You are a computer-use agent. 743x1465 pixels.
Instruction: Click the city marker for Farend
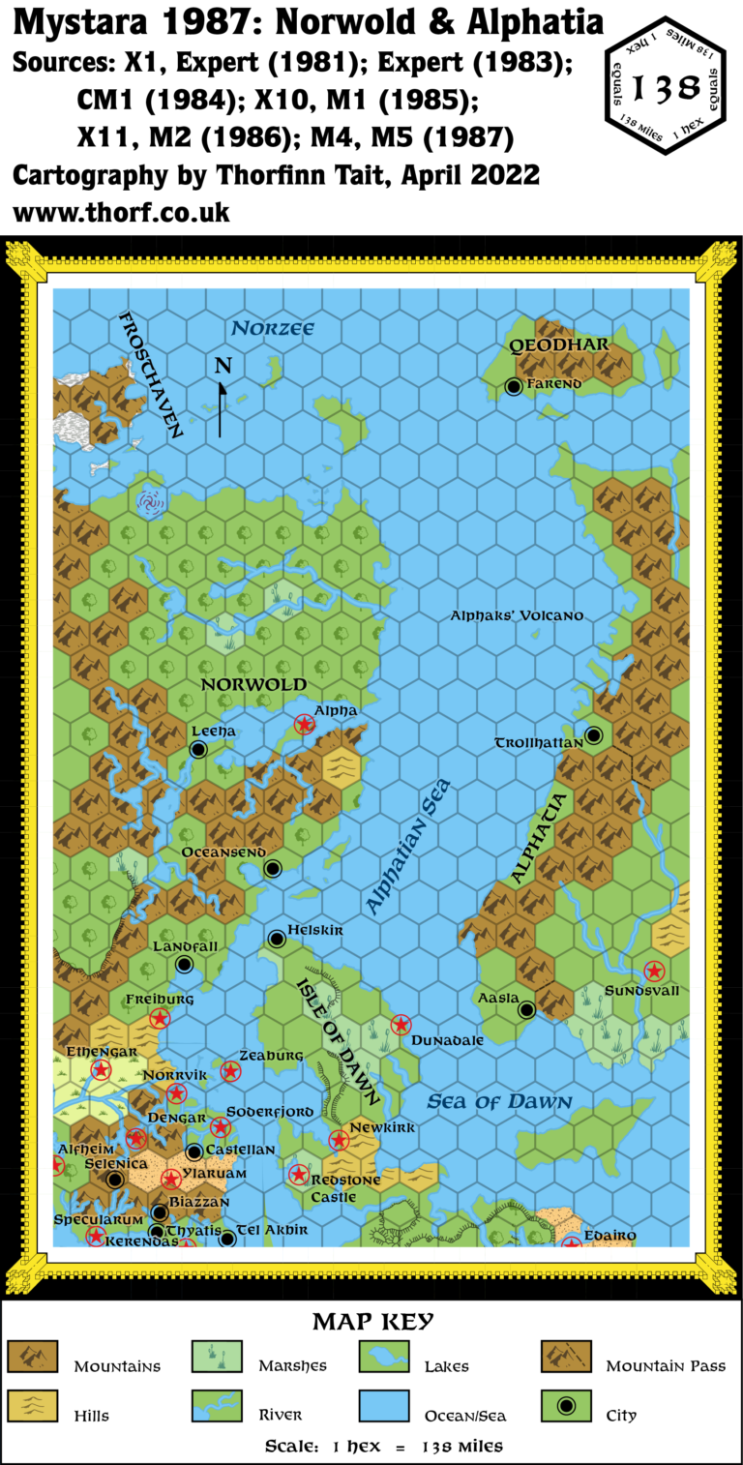(x=514, y=387)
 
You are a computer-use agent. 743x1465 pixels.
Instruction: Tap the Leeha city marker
(x=198, y=749)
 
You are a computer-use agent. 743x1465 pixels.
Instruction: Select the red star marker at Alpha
(x=305, y=723)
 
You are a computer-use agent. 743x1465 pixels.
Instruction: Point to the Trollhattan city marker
(x=594, y=735)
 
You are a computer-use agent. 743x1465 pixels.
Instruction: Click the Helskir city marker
(x=277, y=938)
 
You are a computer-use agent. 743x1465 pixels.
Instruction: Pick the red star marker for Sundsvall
(x=654, y=971)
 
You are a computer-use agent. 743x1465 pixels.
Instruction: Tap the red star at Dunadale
(x=401, y=1024)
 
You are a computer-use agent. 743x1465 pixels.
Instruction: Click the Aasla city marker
(x=526, y=1010)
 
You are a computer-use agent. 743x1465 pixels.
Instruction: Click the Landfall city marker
(x=184, y=964)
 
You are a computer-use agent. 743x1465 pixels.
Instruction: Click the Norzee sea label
(x=274, y=329)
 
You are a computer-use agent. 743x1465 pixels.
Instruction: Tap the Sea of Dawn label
(x=499, y=1101)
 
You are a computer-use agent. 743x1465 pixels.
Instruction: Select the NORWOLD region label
(x=253, y=684)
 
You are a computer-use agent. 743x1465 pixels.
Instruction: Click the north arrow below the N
(x=222, y=406)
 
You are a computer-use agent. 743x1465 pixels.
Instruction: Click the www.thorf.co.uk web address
(x=121, y=211)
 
